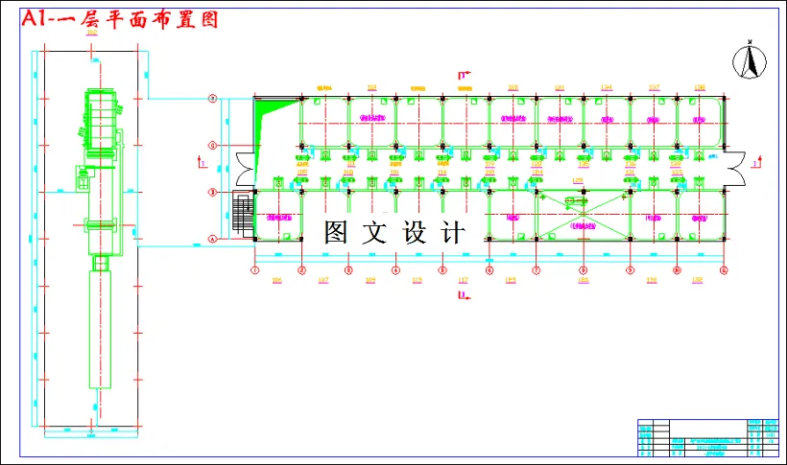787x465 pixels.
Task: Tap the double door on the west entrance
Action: [247, 170]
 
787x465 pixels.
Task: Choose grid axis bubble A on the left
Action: [214, 238]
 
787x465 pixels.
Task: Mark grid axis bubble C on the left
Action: [214, 146]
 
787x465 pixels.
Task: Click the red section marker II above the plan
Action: [465, 76]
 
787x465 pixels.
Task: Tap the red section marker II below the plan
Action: [465, 296]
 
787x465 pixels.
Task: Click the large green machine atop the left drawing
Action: [104, 125]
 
